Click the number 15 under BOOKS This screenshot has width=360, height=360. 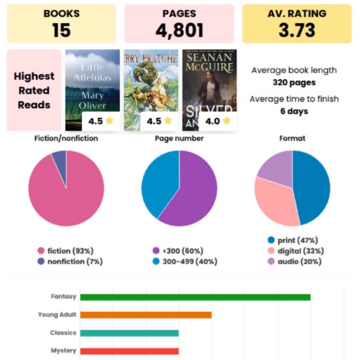coord(61,30)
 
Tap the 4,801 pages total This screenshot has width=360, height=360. coord(179,30)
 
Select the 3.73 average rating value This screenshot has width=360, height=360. coord(297,30)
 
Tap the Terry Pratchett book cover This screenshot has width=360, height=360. coord(151,83)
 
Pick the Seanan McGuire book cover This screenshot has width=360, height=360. coord(209,83)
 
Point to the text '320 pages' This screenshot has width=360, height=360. coord(294,82)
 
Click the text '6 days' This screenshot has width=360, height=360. coord(294,111)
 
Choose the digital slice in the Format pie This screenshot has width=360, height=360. coord(273,203)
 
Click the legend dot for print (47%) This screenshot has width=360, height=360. coord(271,240)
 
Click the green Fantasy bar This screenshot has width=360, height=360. coord(195,297)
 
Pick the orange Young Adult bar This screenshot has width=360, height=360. coord(146,315)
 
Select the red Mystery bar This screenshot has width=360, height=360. coord(129,351)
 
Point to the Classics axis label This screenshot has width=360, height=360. coord(63,333)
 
